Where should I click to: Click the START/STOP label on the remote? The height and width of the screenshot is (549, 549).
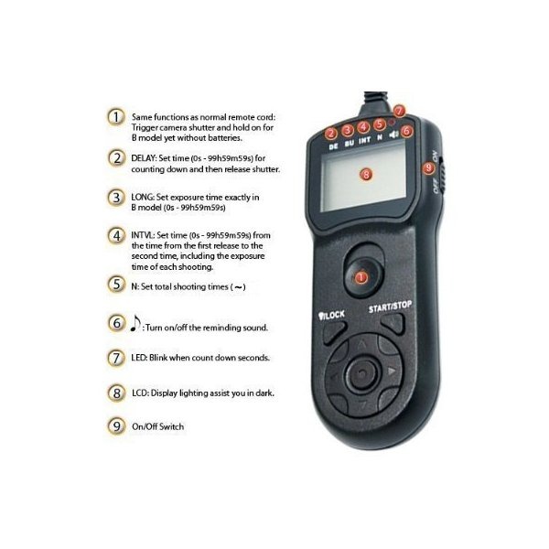pyautogui.click(x=390, y=307)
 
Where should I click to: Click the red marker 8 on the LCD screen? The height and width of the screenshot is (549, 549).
pyautogui.click(x=366, y=174)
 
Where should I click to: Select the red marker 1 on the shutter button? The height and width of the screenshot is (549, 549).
pyautogui.click(x=361, y=277)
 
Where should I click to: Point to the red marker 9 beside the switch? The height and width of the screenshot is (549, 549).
pyautogui.click(x=428, y=168)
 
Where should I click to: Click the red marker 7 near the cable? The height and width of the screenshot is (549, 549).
pyautogui.click(x=399, y=112)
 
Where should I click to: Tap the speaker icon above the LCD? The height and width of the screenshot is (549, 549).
pyautogui.click(x=393, y=135)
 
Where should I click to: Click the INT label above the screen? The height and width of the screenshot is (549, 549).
pyautogui.click(x=364, y=140)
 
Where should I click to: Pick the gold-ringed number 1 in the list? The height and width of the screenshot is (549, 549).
pyautogui.click(x=116, y=117)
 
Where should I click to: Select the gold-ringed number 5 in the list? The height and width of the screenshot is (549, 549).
pyautogui.click(x=116, y=285)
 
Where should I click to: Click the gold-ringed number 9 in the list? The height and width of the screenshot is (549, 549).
pyautogui.click(x=116, y=426)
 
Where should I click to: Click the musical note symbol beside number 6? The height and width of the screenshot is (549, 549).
pyautogui.click(x=135, y=323)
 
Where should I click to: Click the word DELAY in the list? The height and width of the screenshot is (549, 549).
pyautogui.click(x=144, y=158)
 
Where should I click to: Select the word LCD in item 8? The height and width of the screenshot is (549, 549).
pyautogui.click(x=140, y=393)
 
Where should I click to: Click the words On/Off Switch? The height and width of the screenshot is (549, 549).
pyautogui.click(x=158, y=426)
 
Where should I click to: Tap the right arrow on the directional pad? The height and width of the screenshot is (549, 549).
pyautogui.click(x=392, y=371)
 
